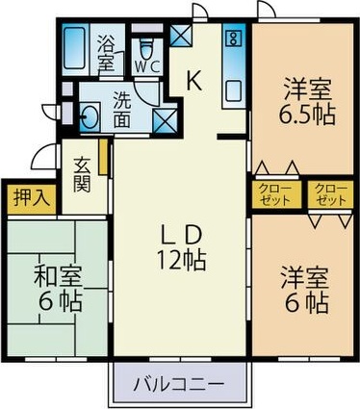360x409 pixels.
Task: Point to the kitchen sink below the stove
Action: [234, 92]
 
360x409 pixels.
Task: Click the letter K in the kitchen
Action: [193, 82]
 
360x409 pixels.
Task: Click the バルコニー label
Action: [180, 383]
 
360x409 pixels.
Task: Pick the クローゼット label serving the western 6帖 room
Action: [329, 195]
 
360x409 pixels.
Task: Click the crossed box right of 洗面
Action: [165, 120]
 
